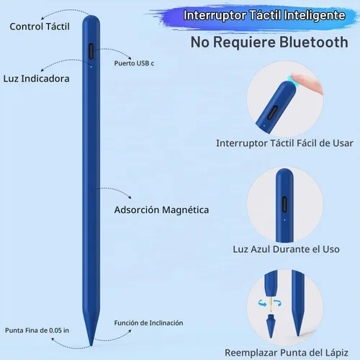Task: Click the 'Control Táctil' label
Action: (x=40, y=27)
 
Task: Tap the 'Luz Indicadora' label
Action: (x=36, y=78)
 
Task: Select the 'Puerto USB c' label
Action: (x=134, y=63)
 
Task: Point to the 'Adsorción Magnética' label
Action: (x=161, y=210)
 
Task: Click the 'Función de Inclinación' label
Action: (x=148, y=323)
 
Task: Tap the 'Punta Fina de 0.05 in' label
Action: (x=37, y=330)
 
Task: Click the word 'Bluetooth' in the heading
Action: (x=314, y=42)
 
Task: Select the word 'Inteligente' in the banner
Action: (x=315, y=16)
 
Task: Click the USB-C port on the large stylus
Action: (x=91, y=51)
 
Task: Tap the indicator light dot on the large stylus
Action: (x=91, y=67)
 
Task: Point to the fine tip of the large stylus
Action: (x=91, y=345)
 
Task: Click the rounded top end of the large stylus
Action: (x=91, y=19)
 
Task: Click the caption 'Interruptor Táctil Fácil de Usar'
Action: (x=284, y=143)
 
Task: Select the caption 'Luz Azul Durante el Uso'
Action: (x=286, y=249)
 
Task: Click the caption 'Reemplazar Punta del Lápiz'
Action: (x=287, y=353)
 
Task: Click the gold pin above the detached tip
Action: (x=271, y=305)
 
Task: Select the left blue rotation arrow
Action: (x=262, y=303)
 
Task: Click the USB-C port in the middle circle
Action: (x=284, y=204)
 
